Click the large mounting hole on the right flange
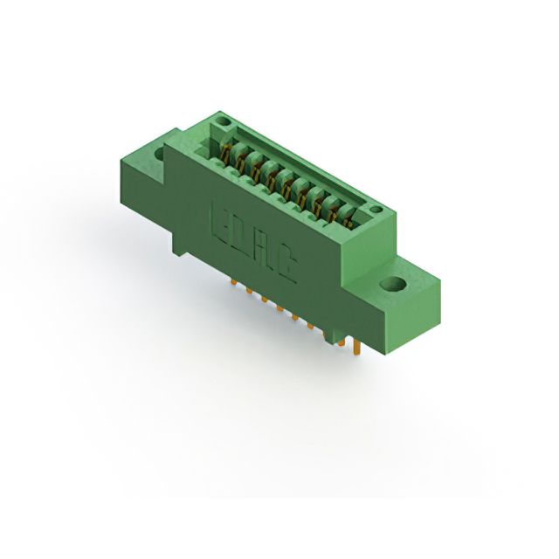click(x=393, y=285)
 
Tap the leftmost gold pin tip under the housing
click(x=234, y=281)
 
